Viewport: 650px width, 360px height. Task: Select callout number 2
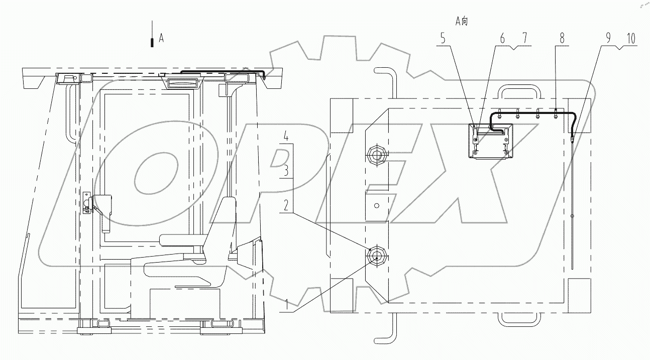tap(285, 205)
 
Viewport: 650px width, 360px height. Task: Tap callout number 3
tap(285, 171)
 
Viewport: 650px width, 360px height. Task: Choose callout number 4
tap(285, 136)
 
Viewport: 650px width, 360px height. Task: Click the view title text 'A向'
tap(461, 21)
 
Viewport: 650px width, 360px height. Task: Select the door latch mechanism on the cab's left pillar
tap(87, 203)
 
